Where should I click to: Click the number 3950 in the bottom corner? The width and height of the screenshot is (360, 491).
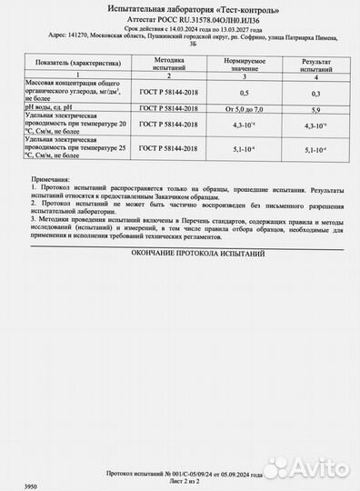(11, 486)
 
